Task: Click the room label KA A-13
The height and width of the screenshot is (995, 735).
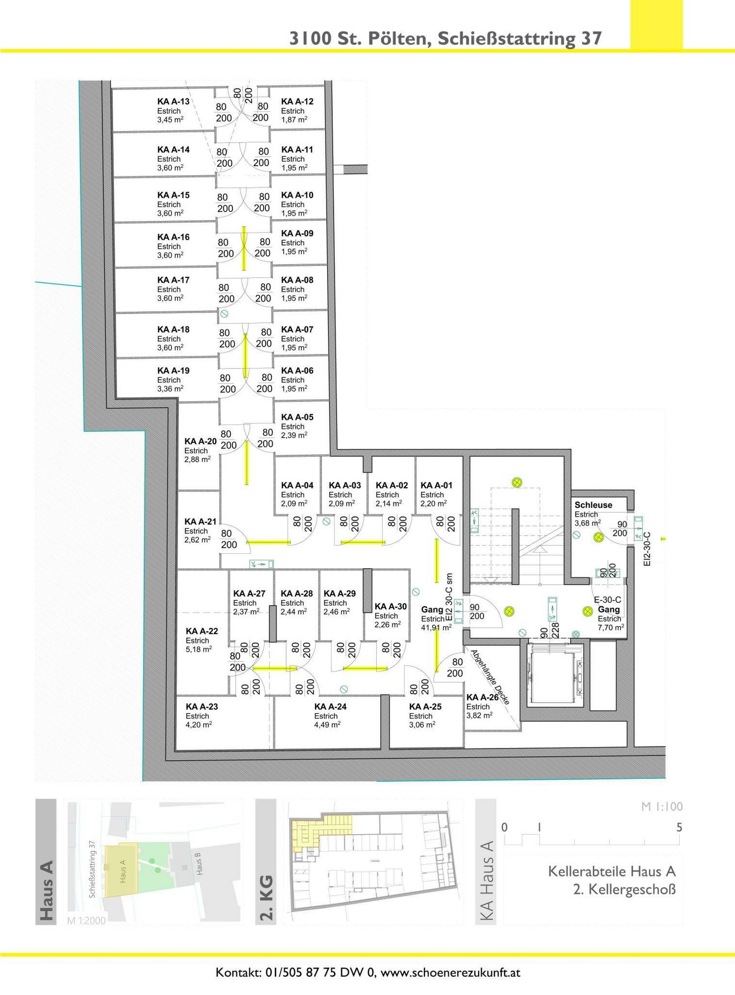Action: click(x=173, y=101)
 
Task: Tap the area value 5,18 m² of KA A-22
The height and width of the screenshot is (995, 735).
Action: click(x=198, y=649)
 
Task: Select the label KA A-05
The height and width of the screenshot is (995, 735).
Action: click(x=297, y=417)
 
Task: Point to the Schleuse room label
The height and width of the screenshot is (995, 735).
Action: click(x=593, y=505)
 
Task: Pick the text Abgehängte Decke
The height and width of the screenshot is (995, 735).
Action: click(x=490, y=677)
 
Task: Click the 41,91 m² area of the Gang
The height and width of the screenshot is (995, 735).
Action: click(x=436, y=628)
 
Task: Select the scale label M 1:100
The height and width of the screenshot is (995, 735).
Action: click(x=661, y=807)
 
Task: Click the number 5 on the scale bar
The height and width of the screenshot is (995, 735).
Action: click(x=679, y=827)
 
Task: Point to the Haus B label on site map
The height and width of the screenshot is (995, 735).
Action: click(x=198, y=864)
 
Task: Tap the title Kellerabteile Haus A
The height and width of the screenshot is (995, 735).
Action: click(x=612, y=871)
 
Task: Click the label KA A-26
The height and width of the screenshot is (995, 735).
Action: click(x=482, y=697)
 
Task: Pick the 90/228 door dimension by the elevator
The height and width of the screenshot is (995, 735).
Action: click(x=549, y=630)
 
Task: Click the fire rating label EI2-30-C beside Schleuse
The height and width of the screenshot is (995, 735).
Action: click(x=647, y=549)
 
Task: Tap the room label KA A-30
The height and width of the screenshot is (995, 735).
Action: click(x=390, y=606)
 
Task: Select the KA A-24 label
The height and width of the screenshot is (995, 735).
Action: click(x=330, y=706)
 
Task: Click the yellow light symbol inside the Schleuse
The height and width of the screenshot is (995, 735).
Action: click(x=598, y=537)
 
